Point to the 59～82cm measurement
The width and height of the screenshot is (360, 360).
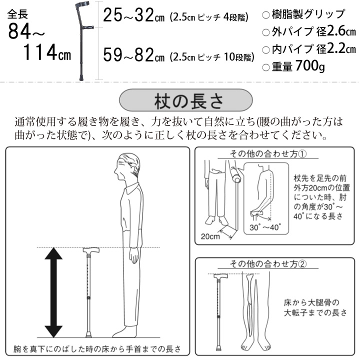coord(133,55)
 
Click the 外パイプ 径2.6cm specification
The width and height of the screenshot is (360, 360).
coord(308,32)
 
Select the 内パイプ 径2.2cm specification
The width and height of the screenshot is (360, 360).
coord(308,49)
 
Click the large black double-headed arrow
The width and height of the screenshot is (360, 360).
coord(53,293)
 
